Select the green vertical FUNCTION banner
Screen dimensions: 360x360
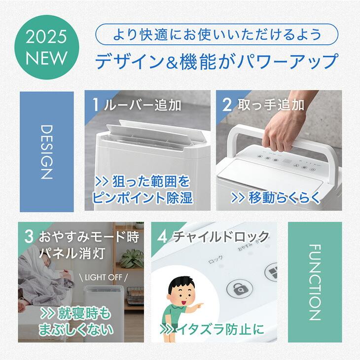(x=315, y=282)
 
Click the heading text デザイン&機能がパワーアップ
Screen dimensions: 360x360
(x=217, y=62)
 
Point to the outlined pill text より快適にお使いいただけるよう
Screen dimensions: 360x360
(x=217, y=35)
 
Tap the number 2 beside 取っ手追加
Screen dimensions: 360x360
(x=227, y=105)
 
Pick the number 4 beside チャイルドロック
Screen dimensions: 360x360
(x=162, y=236)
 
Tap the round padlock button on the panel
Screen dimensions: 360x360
(x=236, y=290)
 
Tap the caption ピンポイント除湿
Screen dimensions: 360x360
(x=143, y=198)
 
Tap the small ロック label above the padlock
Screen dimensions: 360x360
(x=216, y=258)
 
